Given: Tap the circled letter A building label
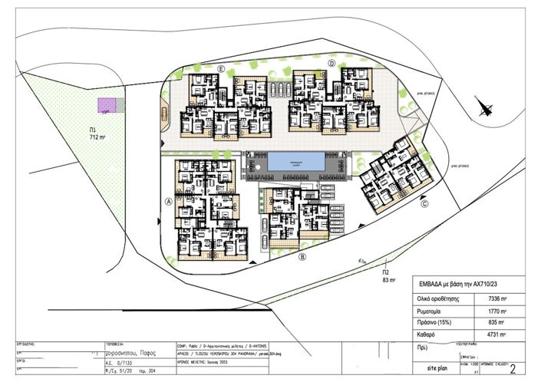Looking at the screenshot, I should tap(167, 204).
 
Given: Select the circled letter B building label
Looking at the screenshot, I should tap(303, 257).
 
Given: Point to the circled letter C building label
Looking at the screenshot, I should tap(424, 203).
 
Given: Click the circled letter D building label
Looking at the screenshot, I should tap(332, 64).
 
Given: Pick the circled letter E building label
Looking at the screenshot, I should tap(220, 70).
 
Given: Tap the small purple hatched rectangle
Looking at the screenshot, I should tap(106, 104).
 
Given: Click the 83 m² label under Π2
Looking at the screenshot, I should tap(388, 280).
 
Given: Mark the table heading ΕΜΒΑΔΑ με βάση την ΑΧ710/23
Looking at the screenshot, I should tap(457, 282).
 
